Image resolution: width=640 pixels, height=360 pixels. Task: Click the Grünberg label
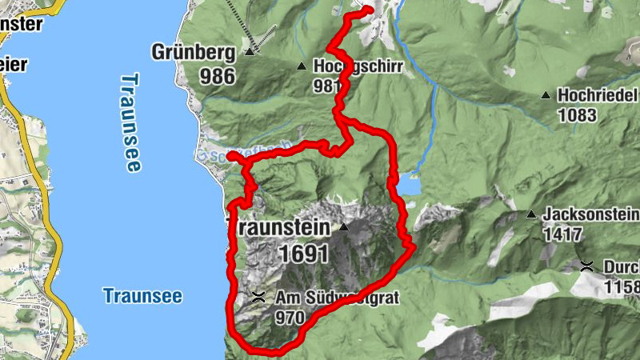tap(193, 54)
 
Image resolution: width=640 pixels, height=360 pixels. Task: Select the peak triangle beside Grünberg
tap(249, 53)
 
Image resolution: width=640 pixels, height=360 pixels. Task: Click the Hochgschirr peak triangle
tap(302, 66)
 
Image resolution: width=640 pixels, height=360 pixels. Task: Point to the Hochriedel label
tap(598, 94)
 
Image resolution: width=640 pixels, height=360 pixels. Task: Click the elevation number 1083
tap(578, 115)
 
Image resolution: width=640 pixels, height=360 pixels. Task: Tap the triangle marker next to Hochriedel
tap(546, 95)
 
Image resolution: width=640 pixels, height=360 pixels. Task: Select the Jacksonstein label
tap(590, 214)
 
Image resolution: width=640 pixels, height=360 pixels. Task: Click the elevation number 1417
tap(562, 235)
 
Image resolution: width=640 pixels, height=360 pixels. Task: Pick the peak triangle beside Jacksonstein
tap(531, 214)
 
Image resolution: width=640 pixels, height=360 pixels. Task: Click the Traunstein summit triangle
tap(344, 227)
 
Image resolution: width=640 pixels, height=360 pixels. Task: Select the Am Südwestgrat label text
tap(335, 298)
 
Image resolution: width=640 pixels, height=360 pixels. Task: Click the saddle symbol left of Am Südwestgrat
tap(258, 298)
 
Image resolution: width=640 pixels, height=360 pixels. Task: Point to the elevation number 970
tap(290, 318)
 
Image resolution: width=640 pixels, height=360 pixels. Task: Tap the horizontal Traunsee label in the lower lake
tap(142, 296)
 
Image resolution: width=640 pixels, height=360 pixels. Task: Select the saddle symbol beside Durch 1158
tap(586, 266)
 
